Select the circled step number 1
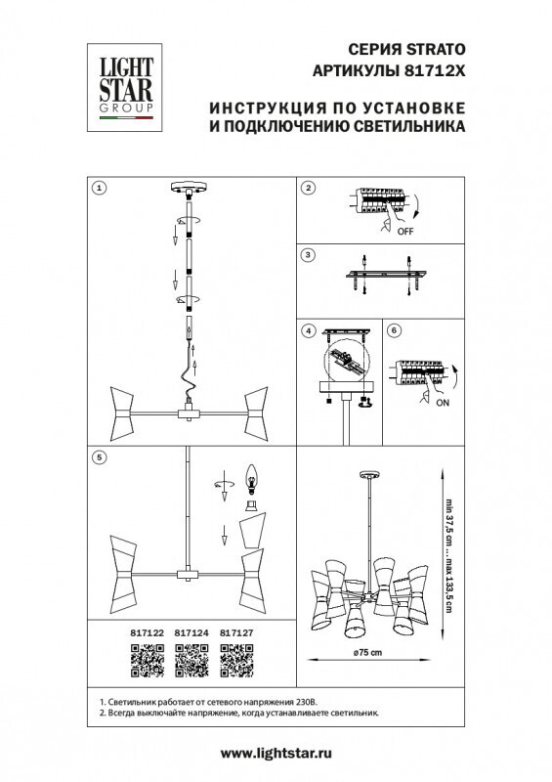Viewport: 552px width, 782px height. pos(99,187)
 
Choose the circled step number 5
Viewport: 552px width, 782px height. pos(99,455)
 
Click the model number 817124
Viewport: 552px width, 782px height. pos(190,632)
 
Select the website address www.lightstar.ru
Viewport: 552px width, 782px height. pos(276,753)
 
